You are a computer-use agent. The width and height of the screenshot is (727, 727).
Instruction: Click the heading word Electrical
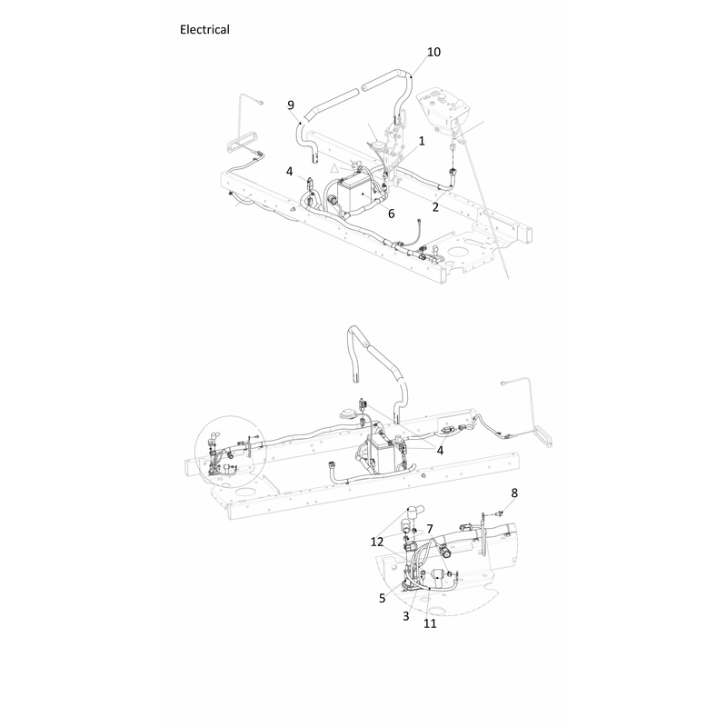point(204,30)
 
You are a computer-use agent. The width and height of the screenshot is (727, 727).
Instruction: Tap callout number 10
point(433,52)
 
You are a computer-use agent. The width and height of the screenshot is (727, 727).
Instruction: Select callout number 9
point(291,105)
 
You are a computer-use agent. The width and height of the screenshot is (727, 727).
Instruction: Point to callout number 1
point(422,141)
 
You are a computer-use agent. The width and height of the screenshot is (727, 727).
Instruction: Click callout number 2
point(435,207)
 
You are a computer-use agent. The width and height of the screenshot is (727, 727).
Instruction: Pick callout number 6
point(392,214)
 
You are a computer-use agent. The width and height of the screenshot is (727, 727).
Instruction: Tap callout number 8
point(514,493)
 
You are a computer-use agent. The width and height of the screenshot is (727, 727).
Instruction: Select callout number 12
point(377,542)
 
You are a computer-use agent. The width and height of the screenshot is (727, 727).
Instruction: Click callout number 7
point(430,529)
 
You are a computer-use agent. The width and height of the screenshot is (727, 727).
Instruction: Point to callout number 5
point(382,598)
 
